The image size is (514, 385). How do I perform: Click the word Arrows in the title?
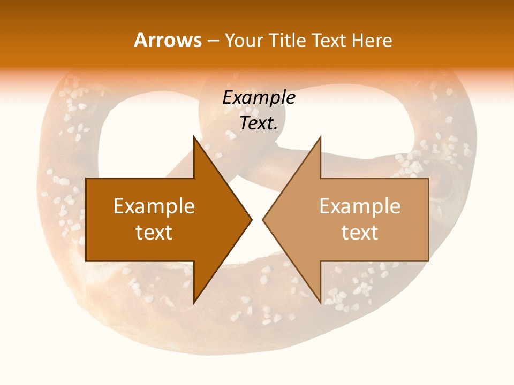click(168, 40)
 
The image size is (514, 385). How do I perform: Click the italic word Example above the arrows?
click(259, 97)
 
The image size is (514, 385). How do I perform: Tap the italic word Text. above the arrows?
click(259, 123)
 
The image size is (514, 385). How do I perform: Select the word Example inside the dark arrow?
click(154, 206)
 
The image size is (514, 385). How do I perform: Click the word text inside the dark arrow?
click(154, 232)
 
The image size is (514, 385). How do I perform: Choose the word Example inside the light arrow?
click(360, 206)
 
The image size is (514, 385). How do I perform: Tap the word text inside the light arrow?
click(360, 232)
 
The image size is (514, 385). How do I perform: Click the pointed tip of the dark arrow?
click(251, 220)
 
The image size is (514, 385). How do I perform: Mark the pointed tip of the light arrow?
click(263, 220)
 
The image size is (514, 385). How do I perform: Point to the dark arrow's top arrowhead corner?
click(194, 137)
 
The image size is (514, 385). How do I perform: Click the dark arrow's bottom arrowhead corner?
click(194, 303)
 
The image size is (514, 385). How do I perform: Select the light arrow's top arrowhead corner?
click(320, 137)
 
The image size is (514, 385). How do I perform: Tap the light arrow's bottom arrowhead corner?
click(320, 303)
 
